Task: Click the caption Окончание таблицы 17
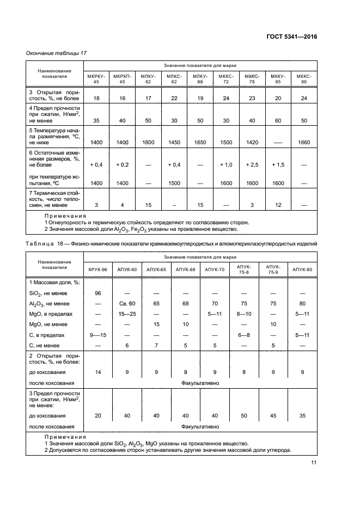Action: [57, 53]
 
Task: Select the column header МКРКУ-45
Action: [96, 78]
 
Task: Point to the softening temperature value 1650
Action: [200, 142]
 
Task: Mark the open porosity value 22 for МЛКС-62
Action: [174, 98]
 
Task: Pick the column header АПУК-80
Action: [302, 270]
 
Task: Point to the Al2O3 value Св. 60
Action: [126, 303]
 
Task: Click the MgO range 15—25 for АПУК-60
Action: [126, 314]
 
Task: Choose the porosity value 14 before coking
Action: [98, 372]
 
